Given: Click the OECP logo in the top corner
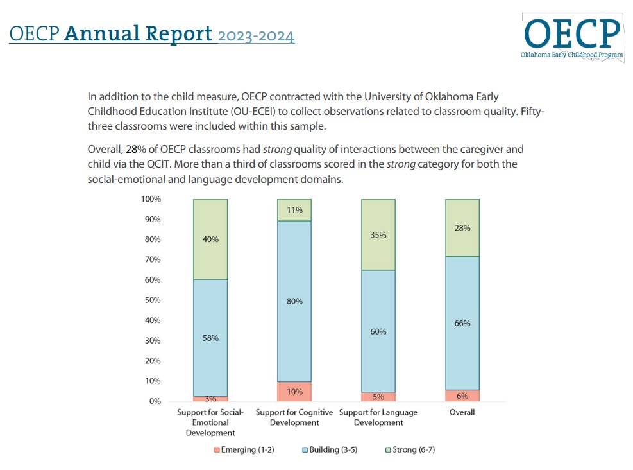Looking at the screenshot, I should click(573, 36).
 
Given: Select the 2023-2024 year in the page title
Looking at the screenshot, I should click(256, 35).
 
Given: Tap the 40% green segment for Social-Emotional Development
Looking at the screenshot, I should click(210, 239).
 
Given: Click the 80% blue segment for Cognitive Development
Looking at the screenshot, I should click(294, 301).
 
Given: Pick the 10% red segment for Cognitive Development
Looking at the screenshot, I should click(294, 392).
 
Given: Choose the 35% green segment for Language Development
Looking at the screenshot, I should click(378, 234).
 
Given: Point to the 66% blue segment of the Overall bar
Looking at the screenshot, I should click(462, 323).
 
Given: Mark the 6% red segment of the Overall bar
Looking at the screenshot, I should click(462, 396).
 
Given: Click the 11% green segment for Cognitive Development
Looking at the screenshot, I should click(294, 210).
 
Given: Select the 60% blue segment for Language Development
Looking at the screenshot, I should click(378, 331).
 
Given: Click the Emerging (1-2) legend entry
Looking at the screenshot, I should click(244, 449).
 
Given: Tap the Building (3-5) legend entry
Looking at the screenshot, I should click(329, 449).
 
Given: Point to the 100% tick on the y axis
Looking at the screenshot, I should click(151, 199).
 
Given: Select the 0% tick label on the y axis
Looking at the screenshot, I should click(155, 401).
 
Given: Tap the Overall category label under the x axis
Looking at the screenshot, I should click(462, 412).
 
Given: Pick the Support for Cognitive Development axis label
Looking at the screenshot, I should click(294, 417).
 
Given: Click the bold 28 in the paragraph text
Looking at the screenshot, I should click(131, 149).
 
